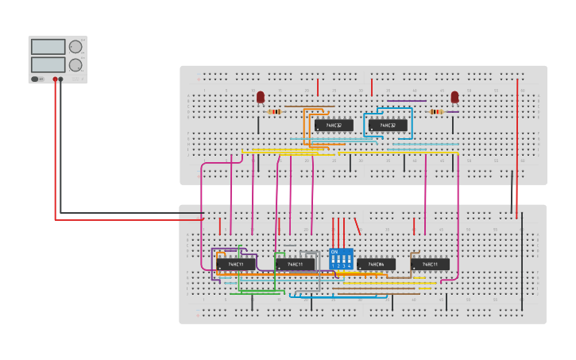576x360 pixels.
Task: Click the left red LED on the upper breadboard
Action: pos(260,97)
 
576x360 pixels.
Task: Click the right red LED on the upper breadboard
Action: pos(454,97)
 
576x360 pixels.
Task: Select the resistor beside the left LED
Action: pos(275,112)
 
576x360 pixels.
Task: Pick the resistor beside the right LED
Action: pos(436,112)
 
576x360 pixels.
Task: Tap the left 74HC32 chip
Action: pos(334,126)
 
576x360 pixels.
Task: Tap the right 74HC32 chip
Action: pos(388,126)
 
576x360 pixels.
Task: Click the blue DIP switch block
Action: pos(341,258)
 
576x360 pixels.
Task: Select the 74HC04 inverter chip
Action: pos(376,265)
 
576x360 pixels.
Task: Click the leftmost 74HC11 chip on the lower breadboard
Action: pos(236,264)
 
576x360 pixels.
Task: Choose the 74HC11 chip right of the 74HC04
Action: pos(430,265)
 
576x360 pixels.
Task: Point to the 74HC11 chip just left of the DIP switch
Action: pos(295,265)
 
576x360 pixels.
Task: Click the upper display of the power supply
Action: pos(48,47)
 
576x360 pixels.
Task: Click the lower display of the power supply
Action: pos(48,64)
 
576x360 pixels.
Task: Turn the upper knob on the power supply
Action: pos(75,47)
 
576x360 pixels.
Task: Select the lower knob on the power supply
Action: pos(75,65)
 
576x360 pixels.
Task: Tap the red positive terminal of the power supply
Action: pos(56,79)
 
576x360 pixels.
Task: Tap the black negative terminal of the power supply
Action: pos(61,79)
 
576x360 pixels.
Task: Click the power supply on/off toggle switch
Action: pos(36,79)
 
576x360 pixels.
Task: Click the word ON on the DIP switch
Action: pos(334,251)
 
